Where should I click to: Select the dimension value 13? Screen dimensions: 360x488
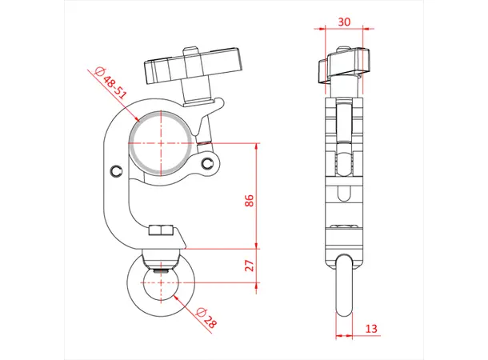[x=370, y=328]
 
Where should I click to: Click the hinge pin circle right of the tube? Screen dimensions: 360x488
[x=210, y=164]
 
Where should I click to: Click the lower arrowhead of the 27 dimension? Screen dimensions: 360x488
[x=258, y=301]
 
